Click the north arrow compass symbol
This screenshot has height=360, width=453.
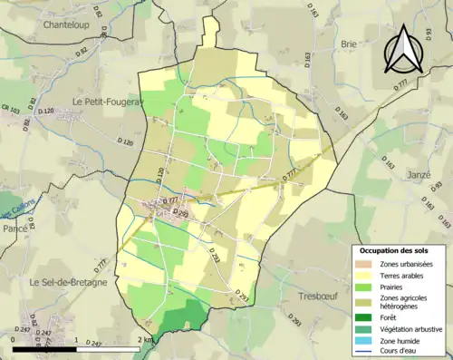click(x=401, y=48)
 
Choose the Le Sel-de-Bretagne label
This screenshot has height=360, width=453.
click(x=68, y=282)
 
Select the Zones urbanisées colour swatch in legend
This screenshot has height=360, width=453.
click(x=364, y=264)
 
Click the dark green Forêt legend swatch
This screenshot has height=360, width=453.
click(x=364, y=317)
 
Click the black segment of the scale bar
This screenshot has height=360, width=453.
click(x=45, y=347)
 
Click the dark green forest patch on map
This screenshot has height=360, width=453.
click(x=186, y=317)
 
